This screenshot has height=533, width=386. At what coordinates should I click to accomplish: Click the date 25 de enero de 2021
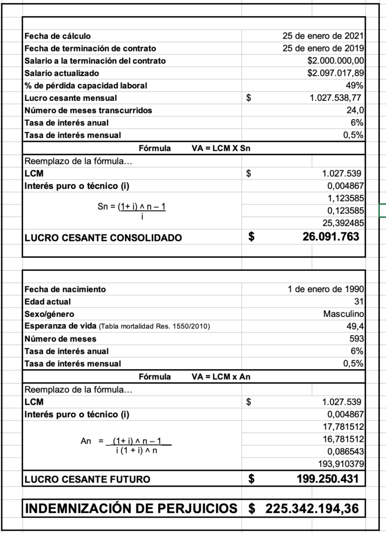click(x=322, y=36)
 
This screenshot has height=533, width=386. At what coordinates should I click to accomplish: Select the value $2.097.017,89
click(x=335, y=73)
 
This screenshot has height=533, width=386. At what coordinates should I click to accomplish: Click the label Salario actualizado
click(x=61, y=73)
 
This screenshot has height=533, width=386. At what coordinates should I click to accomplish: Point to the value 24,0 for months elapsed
click(x=356, y=110)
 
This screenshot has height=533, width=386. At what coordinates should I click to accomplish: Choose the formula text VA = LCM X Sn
click(x=221, y=148)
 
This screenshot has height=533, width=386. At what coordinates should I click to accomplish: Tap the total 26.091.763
click(x=330, y=237)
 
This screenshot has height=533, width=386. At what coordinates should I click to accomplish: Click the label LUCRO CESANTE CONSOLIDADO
click(x=103, y=238)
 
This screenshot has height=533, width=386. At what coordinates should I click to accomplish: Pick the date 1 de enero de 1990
click(x=326, y=289)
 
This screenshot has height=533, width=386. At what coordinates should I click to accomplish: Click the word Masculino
click(x=343, y=314)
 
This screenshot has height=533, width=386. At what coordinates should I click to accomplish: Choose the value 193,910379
click(x=341, y=464)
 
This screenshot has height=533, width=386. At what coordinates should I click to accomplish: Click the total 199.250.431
click(x=328, y=479)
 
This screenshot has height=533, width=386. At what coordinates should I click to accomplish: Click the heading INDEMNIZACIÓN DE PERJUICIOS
click(x=131, y=509)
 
